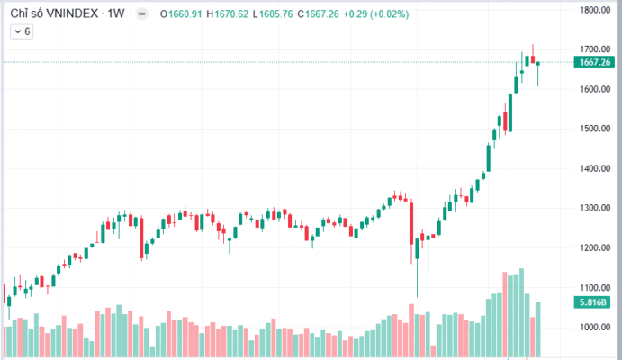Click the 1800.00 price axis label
(596, 11)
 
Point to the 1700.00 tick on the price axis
(596, 49)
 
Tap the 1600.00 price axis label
(596, 89)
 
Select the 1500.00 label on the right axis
(596, 129)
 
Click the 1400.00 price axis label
(596, 168)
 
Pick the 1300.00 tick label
(596, 208)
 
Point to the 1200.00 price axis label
(596, 247)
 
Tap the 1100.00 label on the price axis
(596, 287)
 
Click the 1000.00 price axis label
(596, 327)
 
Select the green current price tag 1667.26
(596, 62)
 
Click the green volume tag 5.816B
(596, 302)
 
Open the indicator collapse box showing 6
(22, 31)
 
